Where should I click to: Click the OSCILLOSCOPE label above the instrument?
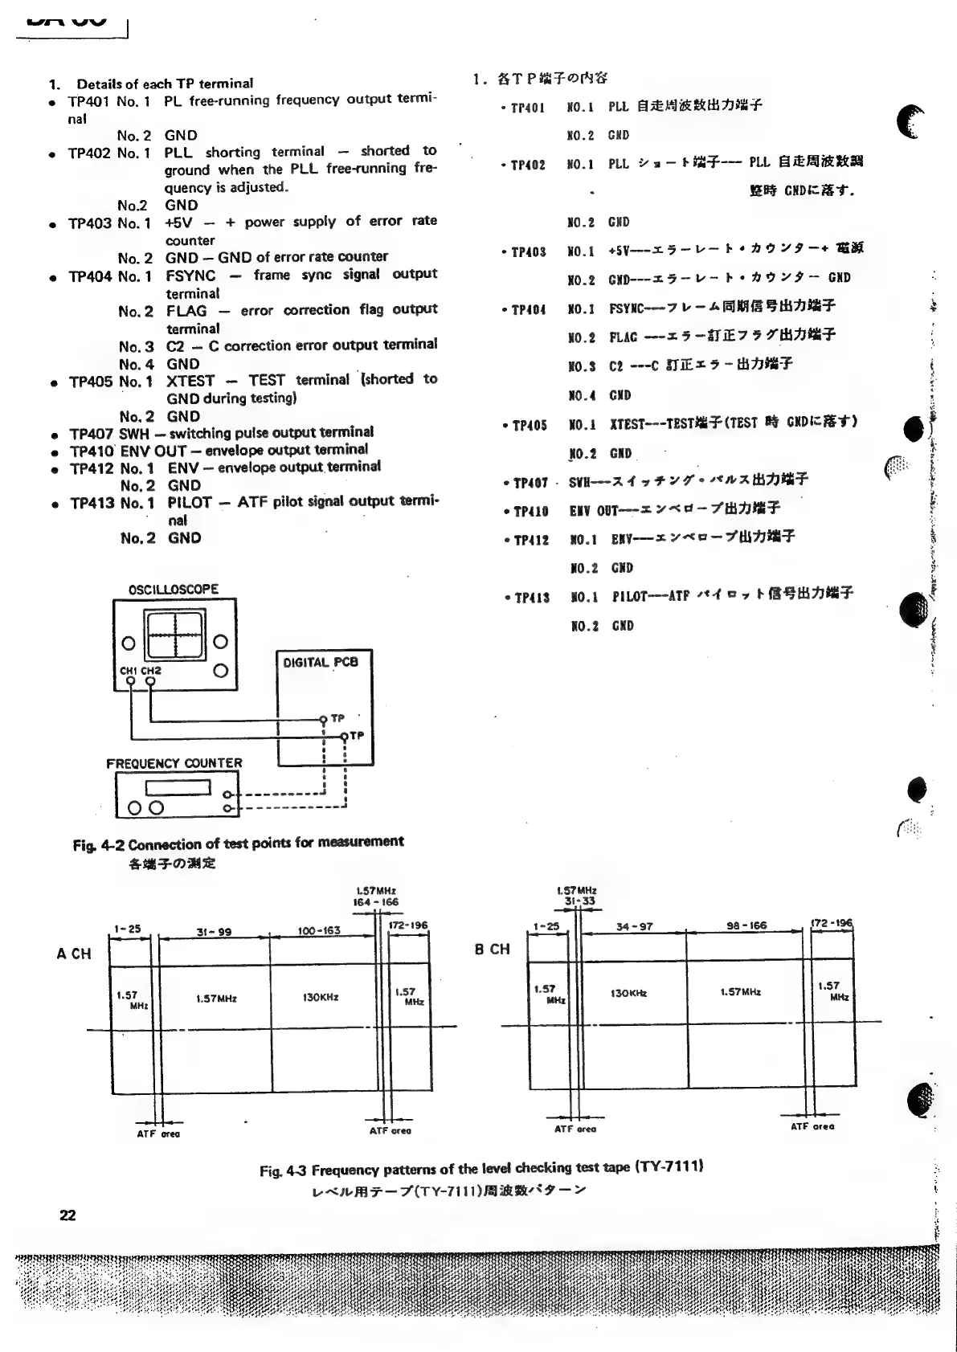173,589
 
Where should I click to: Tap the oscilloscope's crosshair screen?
175,635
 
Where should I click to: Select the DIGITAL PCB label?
320,663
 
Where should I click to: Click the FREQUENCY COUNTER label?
174,763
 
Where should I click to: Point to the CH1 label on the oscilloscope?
129,671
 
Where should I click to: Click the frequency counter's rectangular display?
178,788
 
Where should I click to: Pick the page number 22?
67,1215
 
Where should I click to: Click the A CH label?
74,954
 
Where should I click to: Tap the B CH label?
492,949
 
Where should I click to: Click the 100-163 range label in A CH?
318,930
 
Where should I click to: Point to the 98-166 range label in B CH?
746,925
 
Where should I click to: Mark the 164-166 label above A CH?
376,902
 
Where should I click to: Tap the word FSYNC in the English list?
190,276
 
